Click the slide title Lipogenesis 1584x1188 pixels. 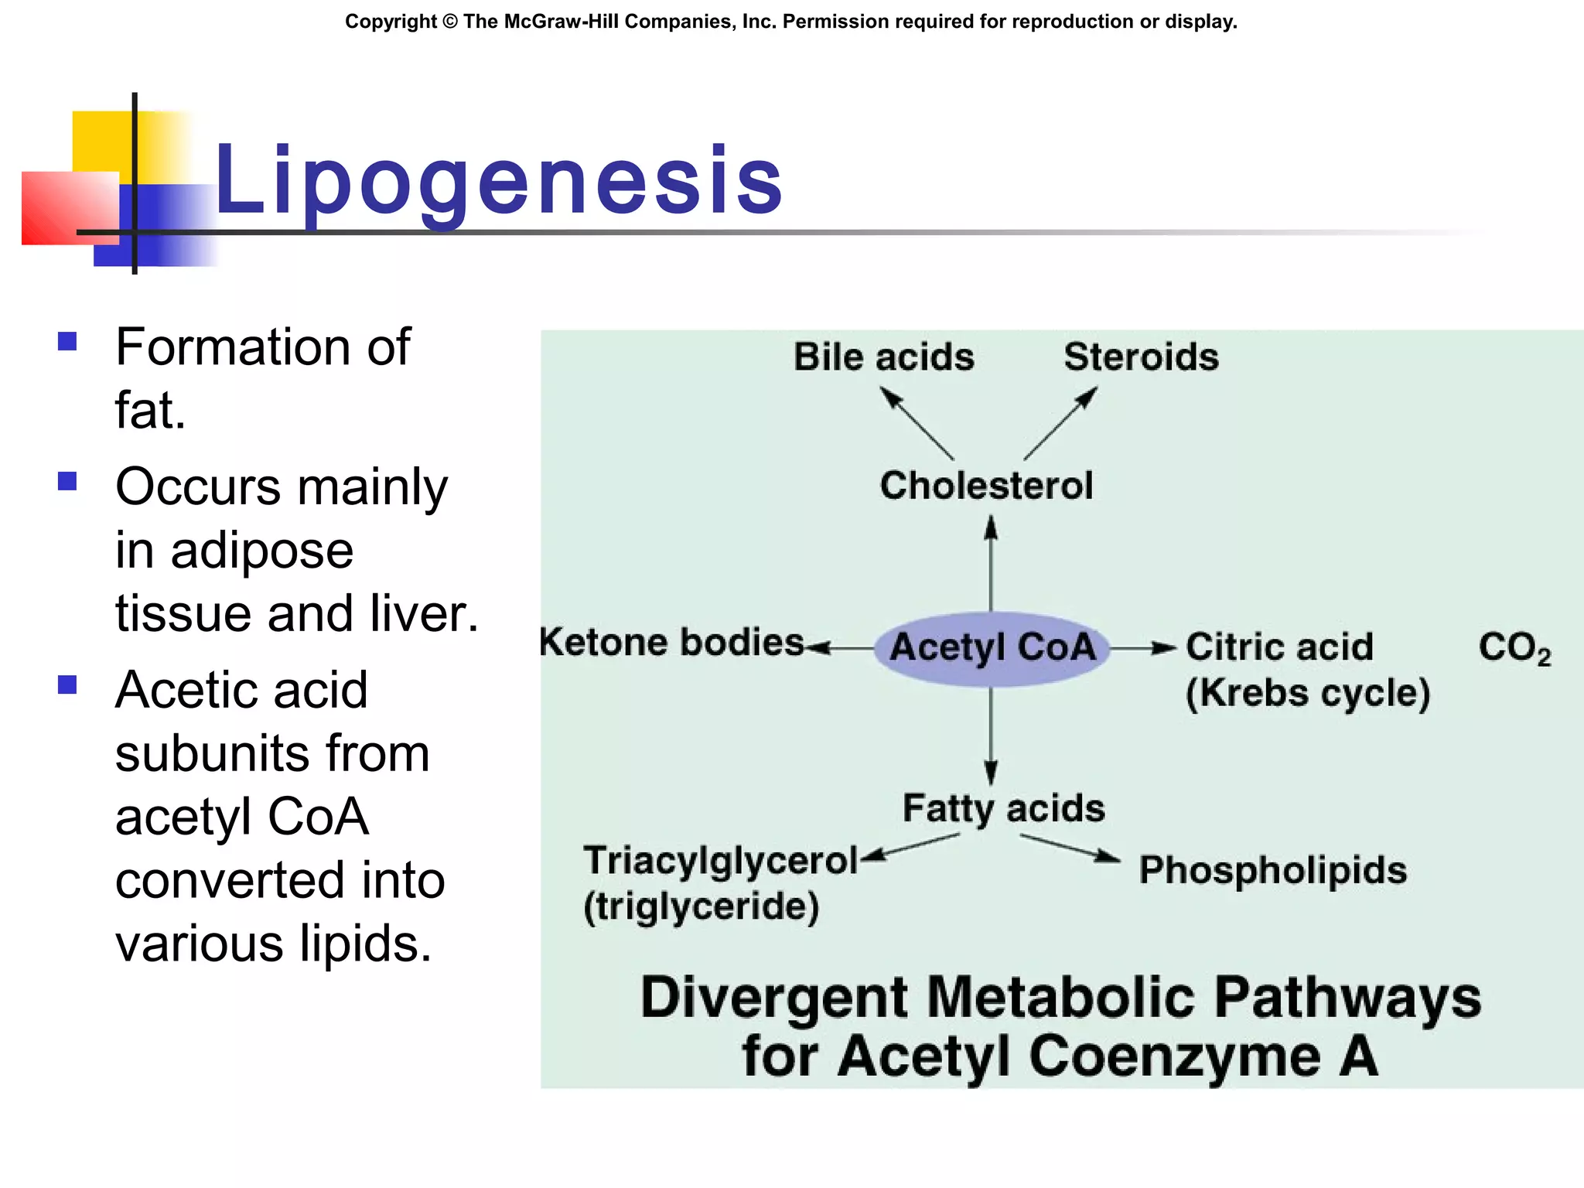coord(499,182)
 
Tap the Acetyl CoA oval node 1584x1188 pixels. coord(992,648)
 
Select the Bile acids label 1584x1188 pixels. coord(884,357)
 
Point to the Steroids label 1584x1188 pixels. coord(1141,357)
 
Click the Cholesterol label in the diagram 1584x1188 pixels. coord(986,486)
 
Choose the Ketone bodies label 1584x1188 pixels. coord(671,643)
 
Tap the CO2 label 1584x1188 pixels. coord(1514,648)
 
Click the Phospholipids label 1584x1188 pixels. coord(1272,870)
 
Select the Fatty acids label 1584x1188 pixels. coord(1003,809)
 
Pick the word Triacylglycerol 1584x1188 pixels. coord(721,861)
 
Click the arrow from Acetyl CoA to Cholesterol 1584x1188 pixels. coord(991,565)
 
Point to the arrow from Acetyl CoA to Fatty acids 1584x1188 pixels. coord(991,735)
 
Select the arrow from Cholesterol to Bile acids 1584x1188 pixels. coord(917,423)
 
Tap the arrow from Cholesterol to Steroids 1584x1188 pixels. coord(1060,423)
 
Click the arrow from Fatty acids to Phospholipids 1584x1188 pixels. coord(1070,848)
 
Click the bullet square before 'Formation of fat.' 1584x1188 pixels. coord(67,341)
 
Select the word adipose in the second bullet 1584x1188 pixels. coord(261,551)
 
